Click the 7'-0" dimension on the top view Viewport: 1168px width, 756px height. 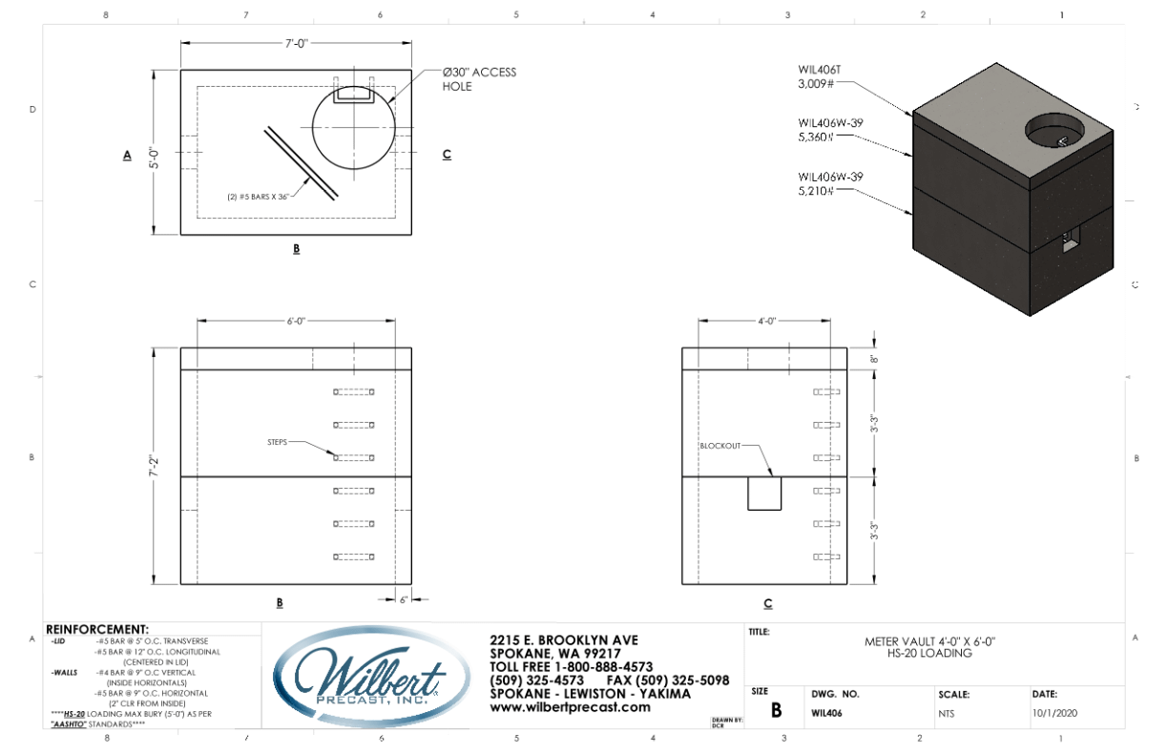click(295, 44)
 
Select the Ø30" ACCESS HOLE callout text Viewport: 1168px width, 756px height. click(478, 79)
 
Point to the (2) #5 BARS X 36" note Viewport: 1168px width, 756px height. click(256, 198)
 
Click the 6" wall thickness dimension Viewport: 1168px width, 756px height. click(404, 599)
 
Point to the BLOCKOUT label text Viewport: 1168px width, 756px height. click(719, 446)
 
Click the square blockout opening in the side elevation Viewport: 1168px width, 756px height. click(764, 493)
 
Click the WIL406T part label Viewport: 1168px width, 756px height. click(819, 70)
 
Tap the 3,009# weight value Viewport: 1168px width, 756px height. click(817, 84)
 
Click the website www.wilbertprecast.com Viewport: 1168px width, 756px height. click(570, 707)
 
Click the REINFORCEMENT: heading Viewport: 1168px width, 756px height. click(96, 629)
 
